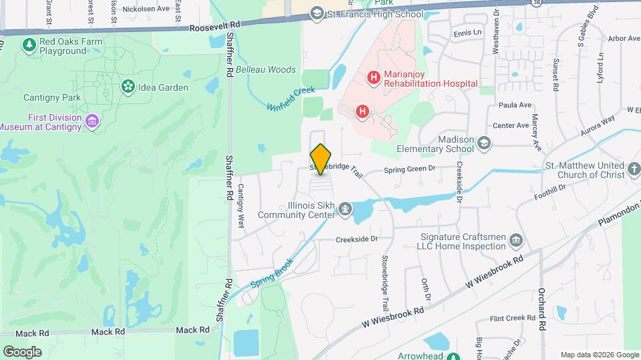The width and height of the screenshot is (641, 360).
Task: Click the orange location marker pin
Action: tap(320, 159)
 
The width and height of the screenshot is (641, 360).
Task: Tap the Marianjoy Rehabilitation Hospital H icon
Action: tap(374, 79)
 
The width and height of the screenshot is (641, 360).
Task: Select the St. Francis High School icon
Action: tap(317, 14)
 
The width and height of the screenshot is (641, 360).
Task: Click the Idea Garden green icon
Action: tap(127, 87)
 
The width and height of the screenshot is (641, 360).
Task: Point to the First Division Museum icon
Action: tap(92, 121)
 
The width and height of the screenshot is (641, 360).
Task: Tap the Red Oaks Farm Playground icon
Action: tap(29, 45)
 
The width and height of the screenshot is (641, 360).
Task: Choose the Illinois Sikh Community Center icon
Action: tap(345, 210)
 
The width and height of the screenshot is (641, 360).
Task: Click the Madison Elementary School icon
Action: tap(483, 143)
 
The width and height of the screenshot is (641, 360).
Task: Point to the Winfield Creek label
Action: tap(290, 99)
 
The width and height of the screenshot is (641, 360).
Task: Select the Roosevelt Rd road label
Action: tap(214, 28)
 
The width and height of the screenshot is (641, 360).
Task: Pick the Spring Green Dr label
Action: tap(409, 170)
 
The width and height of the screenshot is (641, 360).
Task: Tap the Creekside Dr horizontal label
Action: tap(357, 239)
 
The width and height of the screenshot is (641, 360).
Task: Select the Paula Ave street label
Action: tap(515, 105)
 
